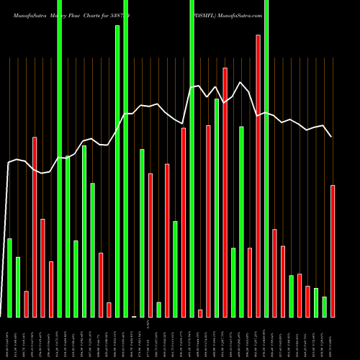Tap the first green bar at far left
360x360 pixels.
(9, 277)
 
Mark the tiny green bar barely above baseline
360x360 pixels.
(134, 316)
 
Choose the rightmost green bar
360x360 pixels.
(325, 307)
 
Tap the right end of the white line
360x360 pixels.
(332, 137)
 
